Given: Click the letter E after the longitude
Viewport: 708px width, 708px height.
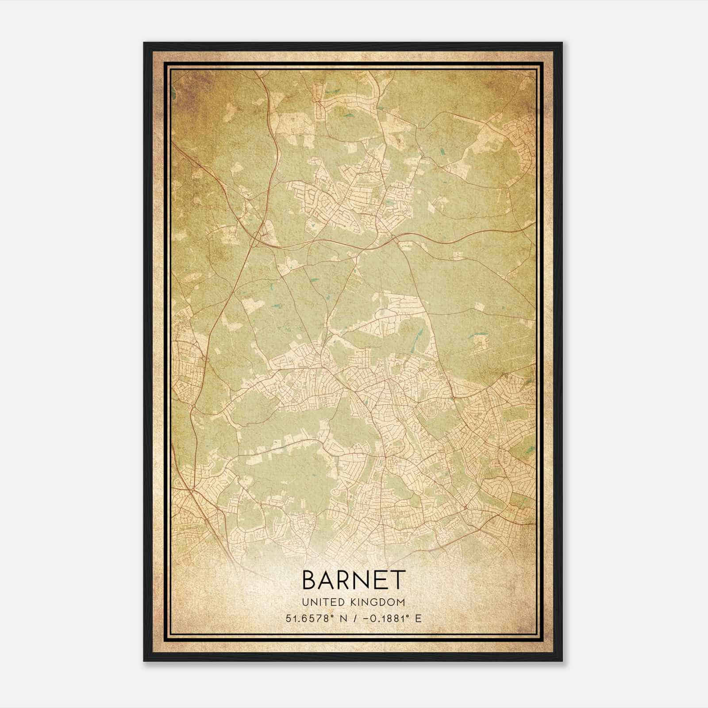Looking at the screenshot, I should point(418,618).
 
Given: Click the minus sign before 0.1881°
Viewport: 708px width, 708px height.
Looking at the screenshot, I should point(366,618).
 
